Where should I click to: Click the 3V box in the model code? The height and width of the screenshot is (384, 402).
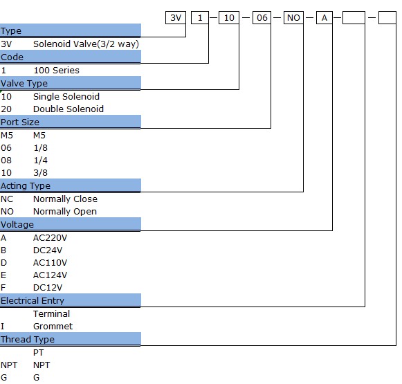[x=176, y=18]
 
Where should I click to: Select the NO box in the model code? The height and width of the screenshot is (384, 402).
[x=293, y=18]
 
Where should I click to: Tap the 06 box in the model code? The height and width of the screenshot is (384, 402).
[x=262, y=18]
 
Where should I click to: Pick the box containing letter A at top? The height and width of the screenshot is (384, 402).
[x=325, y=18]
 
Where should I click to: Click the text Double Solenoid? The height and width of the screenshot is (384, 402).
[x=68, y=109]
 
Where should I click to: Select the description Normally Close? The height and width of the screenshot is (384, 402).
[x=65, y=199]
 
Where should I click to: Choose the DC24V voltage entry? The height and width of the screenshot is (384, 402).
[x=48, y=250]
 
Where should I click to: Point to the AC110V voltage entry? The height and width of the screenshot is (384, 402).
[x=50, y=262]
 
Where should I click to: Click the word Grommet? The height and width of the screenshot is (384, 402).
[x=53, y=327]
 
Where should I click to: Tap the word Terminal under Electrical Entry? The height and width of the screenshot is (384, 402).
[x=51, y=313]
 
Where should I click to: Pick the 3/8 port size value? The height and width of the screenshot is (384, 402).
[x=41, y=172]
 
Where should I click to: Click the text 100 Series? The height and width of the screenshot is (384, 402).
[x=57, y=71]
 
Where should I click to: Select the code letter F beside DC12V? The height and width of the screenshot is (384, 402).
[x=3, y=287]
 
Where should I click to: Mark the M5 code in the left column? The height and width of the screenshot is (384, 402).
[x=7, y=135]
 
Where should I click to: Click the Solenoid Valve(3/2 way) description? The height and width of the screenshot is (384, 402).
[x=86, y=44]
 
